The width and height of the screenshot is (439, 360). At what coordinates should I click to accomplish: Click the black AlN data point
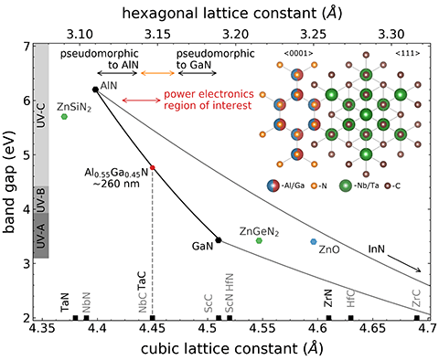96,90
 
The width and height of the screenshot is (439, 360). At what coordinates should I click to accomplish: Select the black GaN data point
218,240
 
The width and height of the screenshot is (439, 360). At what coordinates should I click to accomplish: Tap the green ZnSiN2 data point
64,116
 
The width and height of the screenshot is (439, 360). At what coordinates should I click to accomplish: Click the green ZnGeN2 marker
260,241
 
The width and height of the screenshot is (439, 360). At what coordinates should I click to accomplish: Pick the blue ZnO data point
314,241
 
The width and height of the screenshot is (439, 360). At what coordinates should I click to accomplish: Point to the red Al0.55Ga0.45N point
152,168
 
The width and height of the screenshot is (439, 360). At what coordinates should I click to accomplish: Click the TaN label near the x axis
64,302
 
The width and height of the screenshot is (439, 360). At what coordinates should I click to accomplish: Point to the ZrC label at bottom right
416,302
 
